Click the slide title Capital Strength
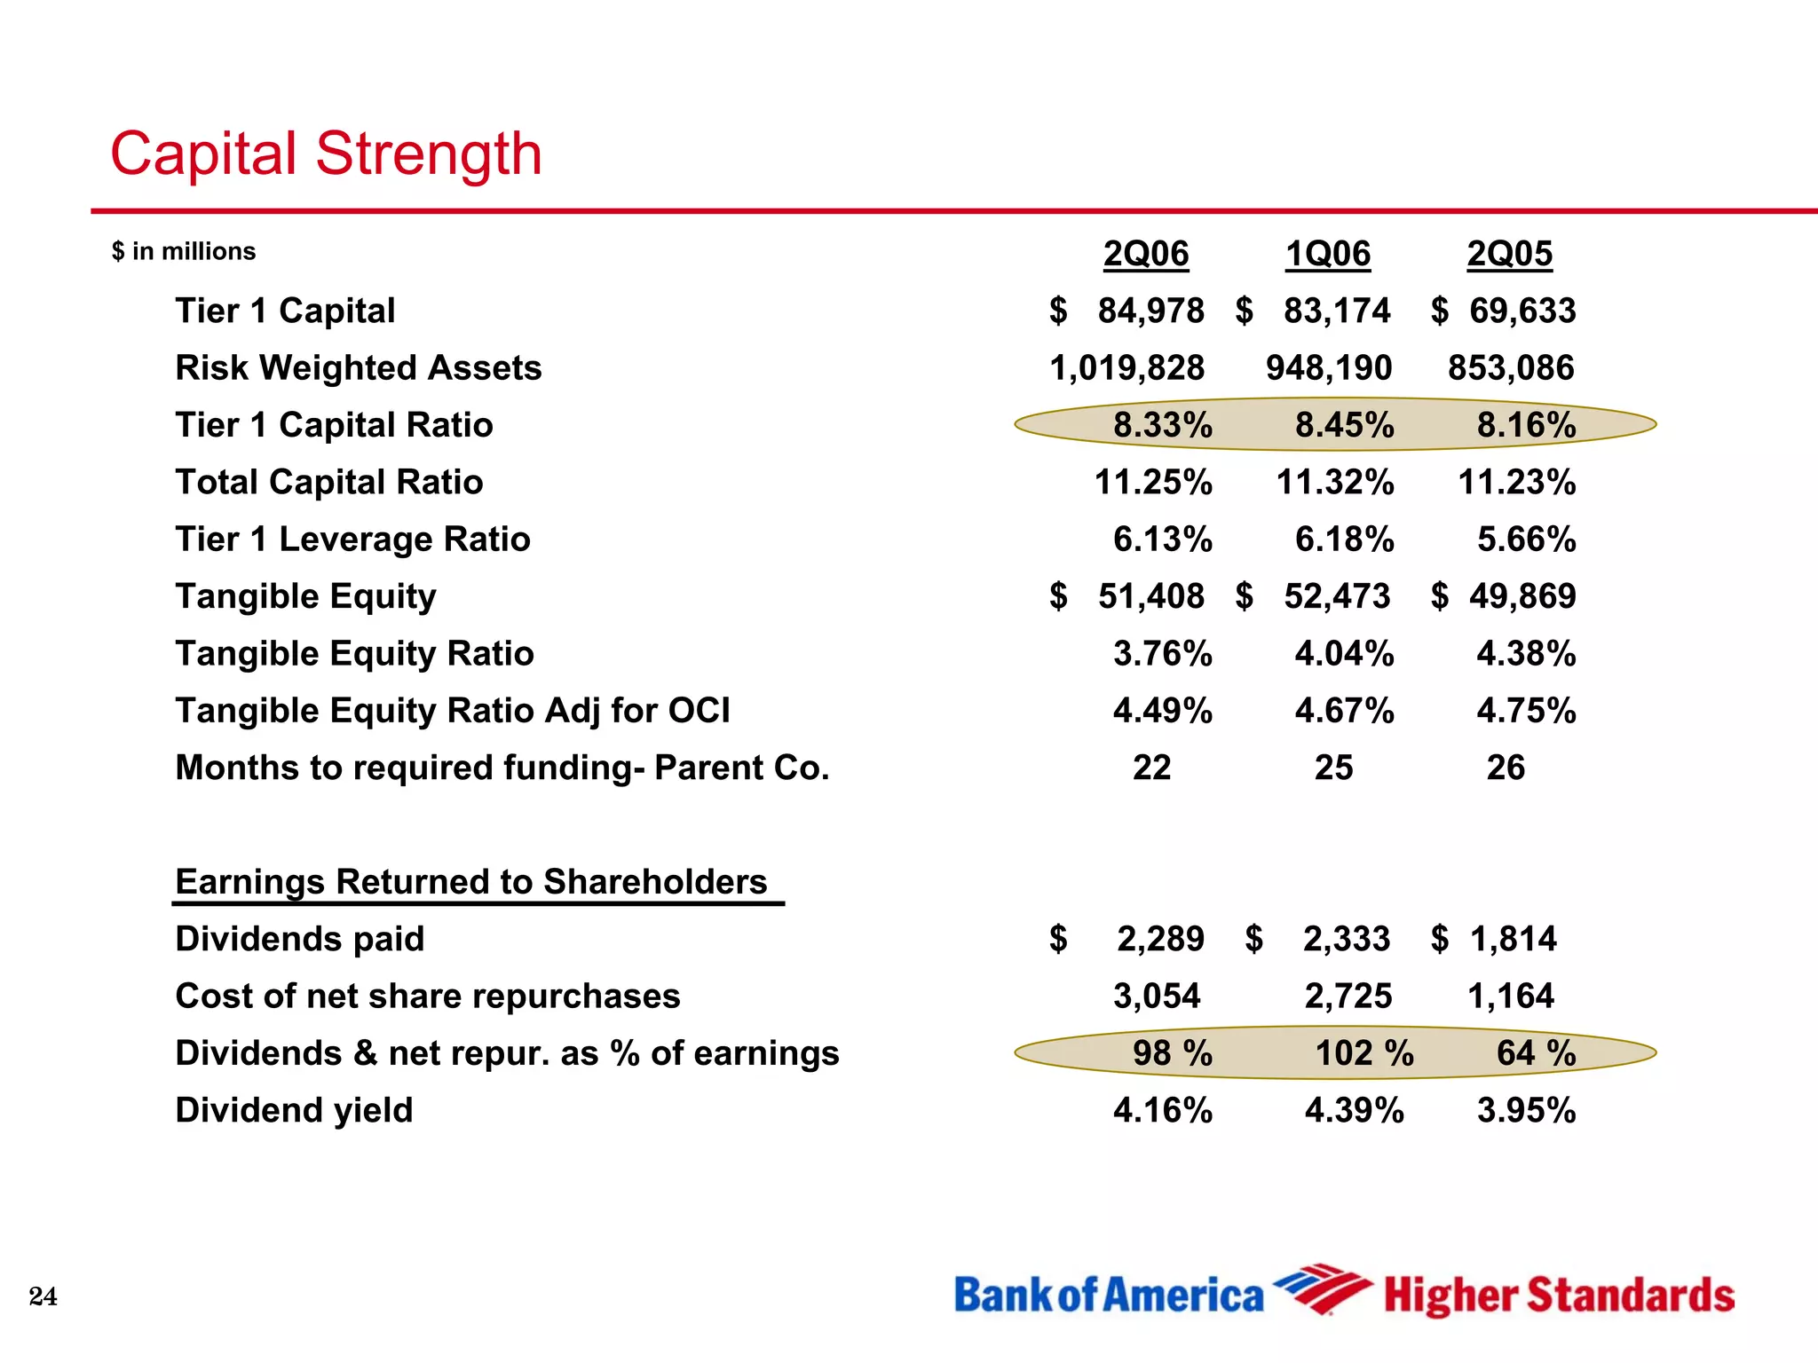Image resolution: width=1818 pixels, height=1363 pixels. pyautogui.click(x=325, y=154)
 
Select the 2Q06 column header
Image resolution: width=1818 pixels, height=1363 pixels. pyautogui.click(x=1145, y=254)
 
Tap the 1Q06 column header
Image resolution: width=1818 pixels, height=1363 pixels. pyautogui.click(x=1328, y=254)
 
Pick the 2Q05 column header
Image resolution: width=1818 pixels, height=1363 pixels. pyautogui.click(x=1509, y=254)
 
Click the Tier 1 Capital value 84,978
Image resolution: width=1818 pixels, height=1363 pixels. pyautogui.click(x=1150, y=311)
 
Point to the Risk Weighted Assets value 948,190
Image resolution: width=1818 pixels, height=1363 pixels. pyautogui.click(x=1329, y=367)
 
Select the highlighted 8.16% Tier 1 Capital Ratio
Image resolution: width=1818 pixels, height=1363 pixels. pyautogui.click(x=1526, y=425)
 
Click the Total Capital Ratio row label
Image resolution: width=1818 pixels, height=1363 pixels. pyautogui.click(x=329, y=482)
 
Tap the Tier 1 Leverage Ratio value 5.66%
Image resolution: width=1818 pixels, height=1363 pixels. pyautogui.click(x=1526, y=539)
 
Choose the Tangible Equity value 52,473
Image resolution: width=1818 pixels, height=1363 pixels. pyautogui.click(x=1337, y=596)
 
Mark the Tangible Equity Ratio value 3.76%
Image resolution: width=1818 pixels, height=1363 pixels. pyautogui.click(x=1162, y=653)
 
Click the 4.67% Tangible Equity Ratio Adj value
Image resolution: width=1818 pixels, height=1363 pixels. pyautogui.click(x=1344, y=711)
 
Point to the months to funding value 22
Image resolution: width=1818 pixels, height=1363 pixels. pyautogui.click(x=1151, y=768)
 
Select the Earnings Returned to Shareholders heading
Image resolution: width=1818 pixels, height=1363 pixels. pyautogui.click(x=471, y=882)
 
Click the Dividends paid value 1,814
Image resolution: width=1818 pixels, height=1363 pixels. pyautogui.click(x=1513, y=939)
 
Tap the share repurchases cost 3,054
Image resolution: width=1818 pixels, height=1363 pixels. pyautogui.click(x=1157, y=996)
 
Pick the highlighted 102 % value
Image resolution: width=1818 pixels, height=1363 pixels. pyautogui.click(x=1363, y=1053)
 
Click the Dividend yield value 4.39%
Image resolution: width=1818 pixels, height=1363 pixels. pyautogui.click(x=1354, y=1110)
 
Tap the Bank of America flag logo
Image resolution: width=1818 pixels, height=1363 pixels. pyautogui.click(x=1321, y=1288)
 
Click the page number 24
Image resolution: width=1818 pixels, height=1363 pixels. pyautogui.click(x=43, y=1296)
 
